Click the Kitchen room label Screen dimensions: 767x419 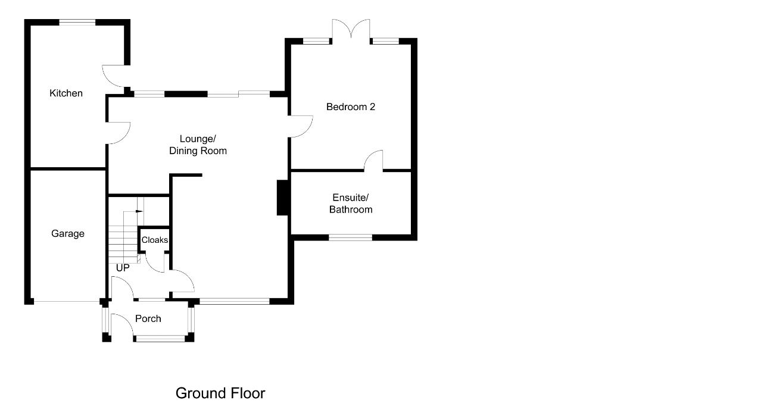66,93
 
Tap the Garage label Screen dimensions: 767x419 68,233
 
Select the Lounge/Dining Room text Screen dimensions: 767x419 198,145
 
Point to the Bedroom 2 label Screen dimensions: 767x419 351,107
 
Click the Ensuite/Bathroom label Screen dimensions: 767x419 351,204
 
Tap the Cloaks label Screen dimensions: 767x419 155,240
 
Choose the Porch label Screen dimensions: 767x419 148,318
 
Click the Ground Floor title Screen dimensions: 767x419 220,393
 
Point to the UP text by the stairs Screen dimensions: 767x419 123,268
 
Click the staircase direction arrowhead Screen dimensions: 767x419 139,211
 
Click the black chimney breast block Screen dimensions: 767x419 282,198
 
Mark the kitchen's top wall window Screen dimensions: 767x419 77,23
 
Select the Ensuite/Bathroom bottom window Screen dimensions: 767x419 351,237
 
